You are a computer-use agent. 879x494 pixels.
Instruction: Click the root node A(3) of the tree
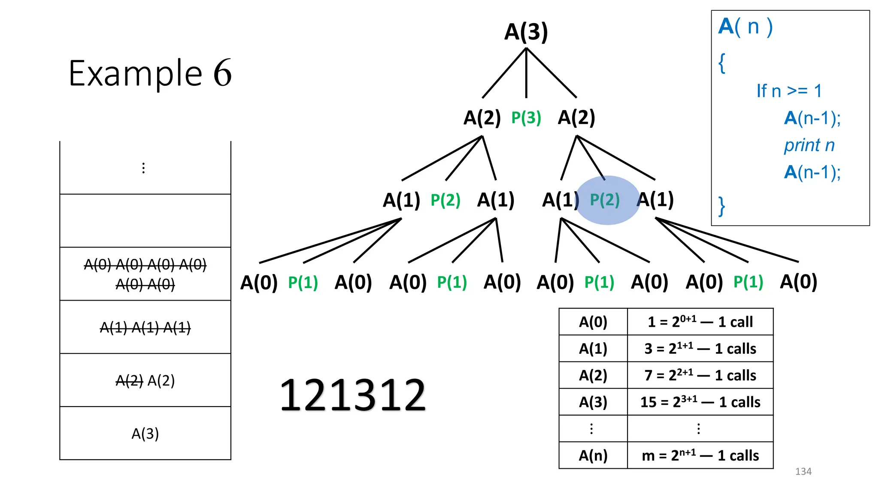click(526, 32)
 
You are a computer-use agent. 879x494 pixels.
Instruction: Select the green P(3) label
click(526, 117)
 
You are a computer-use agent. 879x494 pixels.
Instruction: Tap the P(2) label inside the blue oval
click(605, 200)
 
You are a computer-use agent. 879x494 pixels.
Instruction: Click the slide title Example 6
click(150, 73)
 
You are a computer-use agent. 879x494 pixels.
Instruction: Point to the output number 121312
click(352, 395)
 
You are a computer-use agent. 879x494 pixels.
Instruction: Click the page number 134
click(803, 471)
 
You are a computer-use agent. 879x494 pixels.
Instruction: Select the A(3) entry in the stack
click(145, 434)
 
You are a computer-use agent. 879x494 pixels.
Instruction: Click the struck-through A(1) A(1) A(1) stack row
click(145, 328)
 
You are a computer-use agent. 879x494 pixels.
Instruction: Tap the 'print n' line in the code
click(809, 145)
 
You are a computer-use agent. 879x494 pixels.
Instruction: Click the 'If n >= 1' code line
click(789, 91)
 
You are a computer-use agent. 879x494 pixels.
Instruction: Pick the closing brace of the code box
click(722, 206)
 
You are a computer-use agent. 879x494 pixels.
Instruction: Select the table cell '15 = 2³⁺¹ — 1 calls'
click(700, 402)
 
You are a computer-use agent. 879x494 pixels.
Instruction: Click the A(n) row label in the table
click(593, 455)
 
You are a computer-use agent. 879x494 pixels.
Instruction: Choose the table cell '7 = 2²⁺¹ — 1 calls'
click(700, 375)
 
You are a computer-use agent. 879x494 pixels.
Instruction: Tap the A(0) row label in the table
click(593, 322)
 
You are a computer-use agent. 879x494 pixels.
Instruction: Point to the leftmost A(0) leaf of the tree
click(259, 283)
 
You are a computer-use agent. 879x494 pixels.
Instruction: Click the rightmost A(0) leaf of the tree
click(798, 282)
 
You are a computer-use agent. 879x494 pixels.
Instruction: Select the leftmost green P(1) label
click(303, 283)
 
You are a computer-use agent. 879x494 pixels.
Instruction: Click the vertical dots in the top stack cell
click(143, 168)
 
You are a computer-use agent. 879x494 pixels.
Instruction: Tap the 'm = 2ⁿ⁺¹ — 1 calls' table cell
click(700, 455)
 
